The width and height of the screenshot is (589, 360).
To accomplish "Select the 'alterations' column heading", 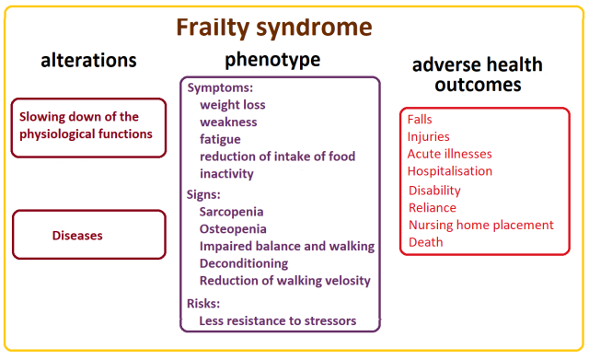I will point(88,61).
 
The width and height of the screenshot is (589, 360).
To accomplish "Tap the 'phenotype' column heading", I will point(272,60).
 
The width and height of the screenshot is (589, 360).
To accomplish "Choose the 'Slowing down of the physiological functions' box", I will point(88,126).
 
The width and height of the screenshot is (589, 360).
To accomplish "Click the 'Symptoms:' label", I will point(219,87).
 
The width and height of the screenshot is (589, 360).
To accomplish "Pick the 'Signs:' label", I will point(203,194).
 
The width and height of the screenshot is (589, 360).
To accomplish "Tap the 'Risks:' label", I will point(204,303).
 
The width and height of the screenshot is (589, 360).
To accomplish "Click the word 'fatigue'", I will point(220,139).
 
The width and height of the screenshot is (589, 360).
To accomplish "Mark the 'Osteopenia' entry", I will point(233,228).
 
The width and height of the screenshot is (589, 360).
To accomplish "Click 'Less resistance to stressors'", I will point(277,320).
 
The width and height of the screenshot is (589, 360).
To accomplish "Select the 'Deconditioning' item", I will point(244,263).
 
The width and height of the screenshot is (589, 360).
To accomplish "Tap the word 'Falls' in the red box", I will point(420,120).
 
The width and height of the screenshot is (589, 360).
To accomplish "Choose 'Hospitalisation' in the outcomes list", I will point(450,171).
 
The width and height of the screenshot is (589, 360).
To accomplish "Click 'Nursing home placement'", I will point(480,225).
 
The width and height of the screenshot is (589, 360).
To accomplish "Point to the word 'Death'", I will point(426,242).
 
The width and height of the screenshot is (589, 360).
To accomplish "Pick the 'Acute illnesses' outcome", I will point(450,154).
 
